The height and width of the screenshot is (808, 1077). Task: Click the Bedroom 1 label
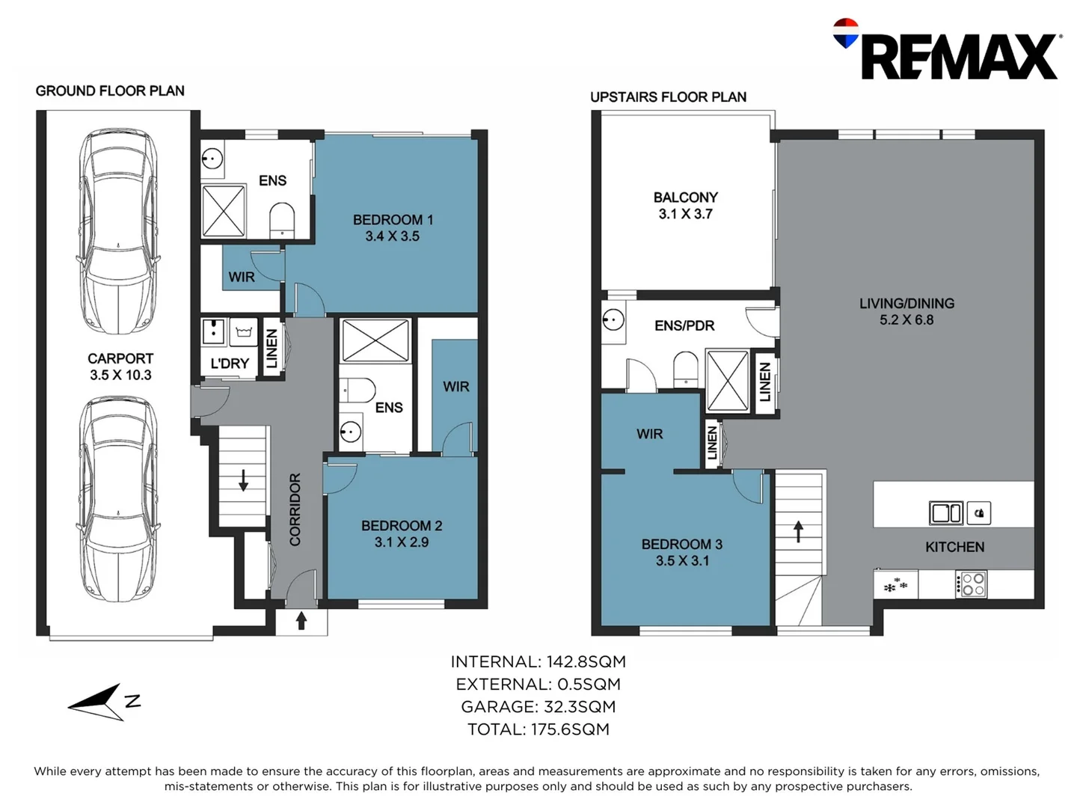(393, 219)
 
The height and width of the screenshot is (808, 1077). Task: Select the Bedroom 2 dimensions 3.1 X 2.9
(401, 542)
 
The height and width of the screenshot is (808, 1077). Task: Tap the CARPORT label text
(120, 358)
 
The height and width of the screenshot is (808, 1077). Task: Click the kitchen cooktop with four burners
(971, 584)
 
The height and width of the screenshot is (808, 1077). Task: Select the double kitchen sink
(945, 512)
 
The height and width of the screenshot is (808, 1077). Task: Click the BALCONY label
(685, 198)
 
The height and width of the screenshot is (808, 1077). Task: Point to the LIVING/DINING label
(906, 303)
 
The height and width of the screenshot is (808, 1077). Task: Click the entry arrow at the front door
(301, 621)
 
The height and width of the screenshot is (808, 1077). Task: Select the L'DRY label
(230, 364)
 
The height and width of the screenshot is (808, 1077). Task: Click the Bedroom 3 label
(681, 544)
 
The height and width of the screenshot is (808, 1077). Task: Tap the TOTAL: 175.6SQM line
(538, 729)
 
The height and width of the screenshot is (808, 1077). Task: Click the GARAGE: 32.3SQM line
(538, 707)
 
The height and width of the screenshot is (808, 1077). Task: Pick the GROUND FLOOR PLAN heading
(110, 91)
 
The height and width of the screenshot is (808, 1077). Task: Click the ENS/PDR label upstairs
(684, 325)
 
